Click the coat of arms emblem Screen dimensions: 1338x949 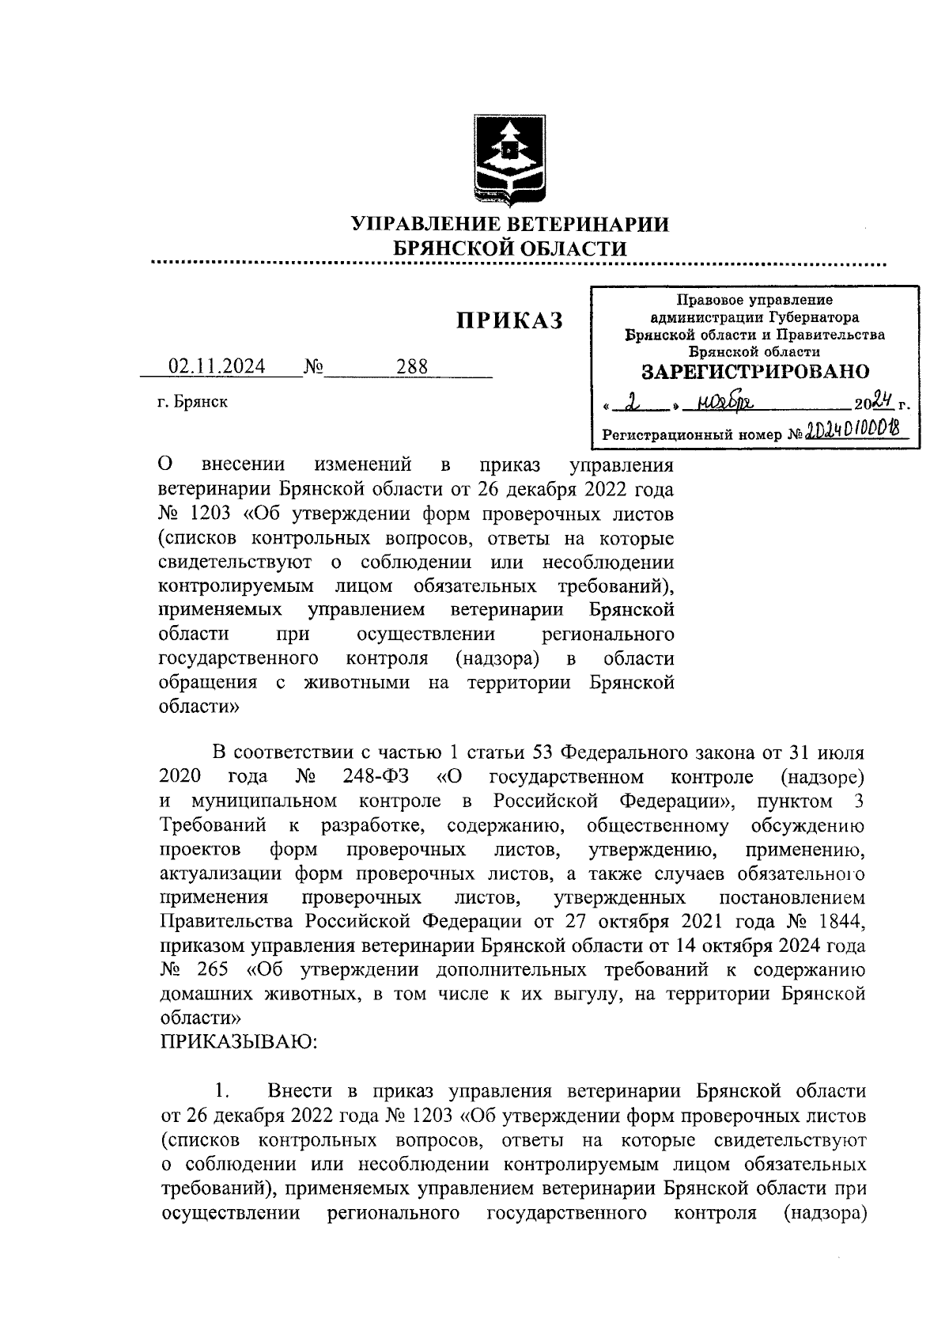[x=510, y=157]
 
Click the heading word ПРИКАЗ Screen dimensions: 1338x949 [x=509, y=320]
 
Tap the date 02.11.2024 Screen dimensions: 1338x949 [x=217, y=366]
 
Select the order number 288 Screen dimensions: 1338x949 [x=411, y=366]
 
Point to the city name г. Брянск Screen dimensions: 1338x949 [x=192, y=401]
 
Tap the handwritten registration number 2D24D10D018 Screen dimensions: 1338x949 [x=853, y=430]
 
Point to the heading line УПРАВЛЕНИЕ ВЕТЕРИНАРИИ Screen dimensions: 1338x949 [x=510, y=224]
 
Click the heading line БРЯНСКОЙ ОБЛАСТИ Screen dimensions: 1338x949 [x=510, y=248]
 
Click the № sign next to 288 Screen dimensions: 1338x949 [x=313, y=366]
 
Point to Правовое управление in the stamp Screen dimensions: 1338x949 [x=754, y=300]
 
